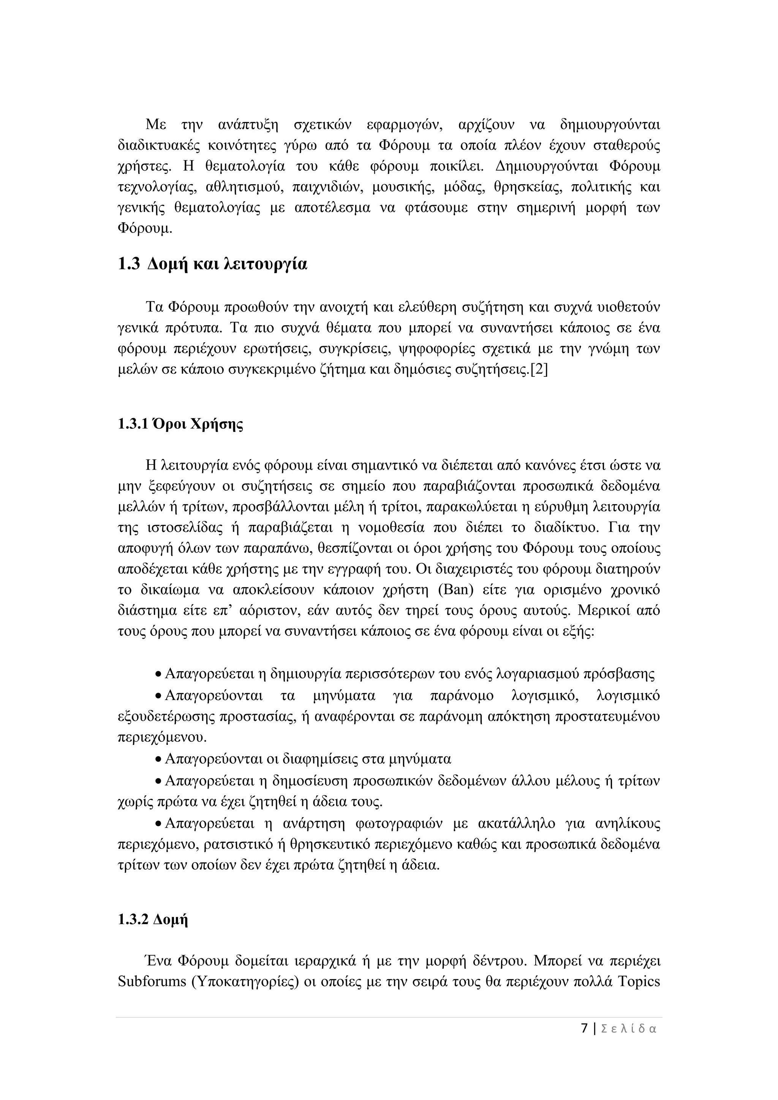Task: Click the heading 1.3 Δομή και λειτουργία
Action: click(x=212, y=264)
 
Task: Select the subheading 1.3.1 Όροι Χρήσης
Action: click(x=180, y=424)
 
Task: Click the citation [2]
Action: click(x=538, y=370)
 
